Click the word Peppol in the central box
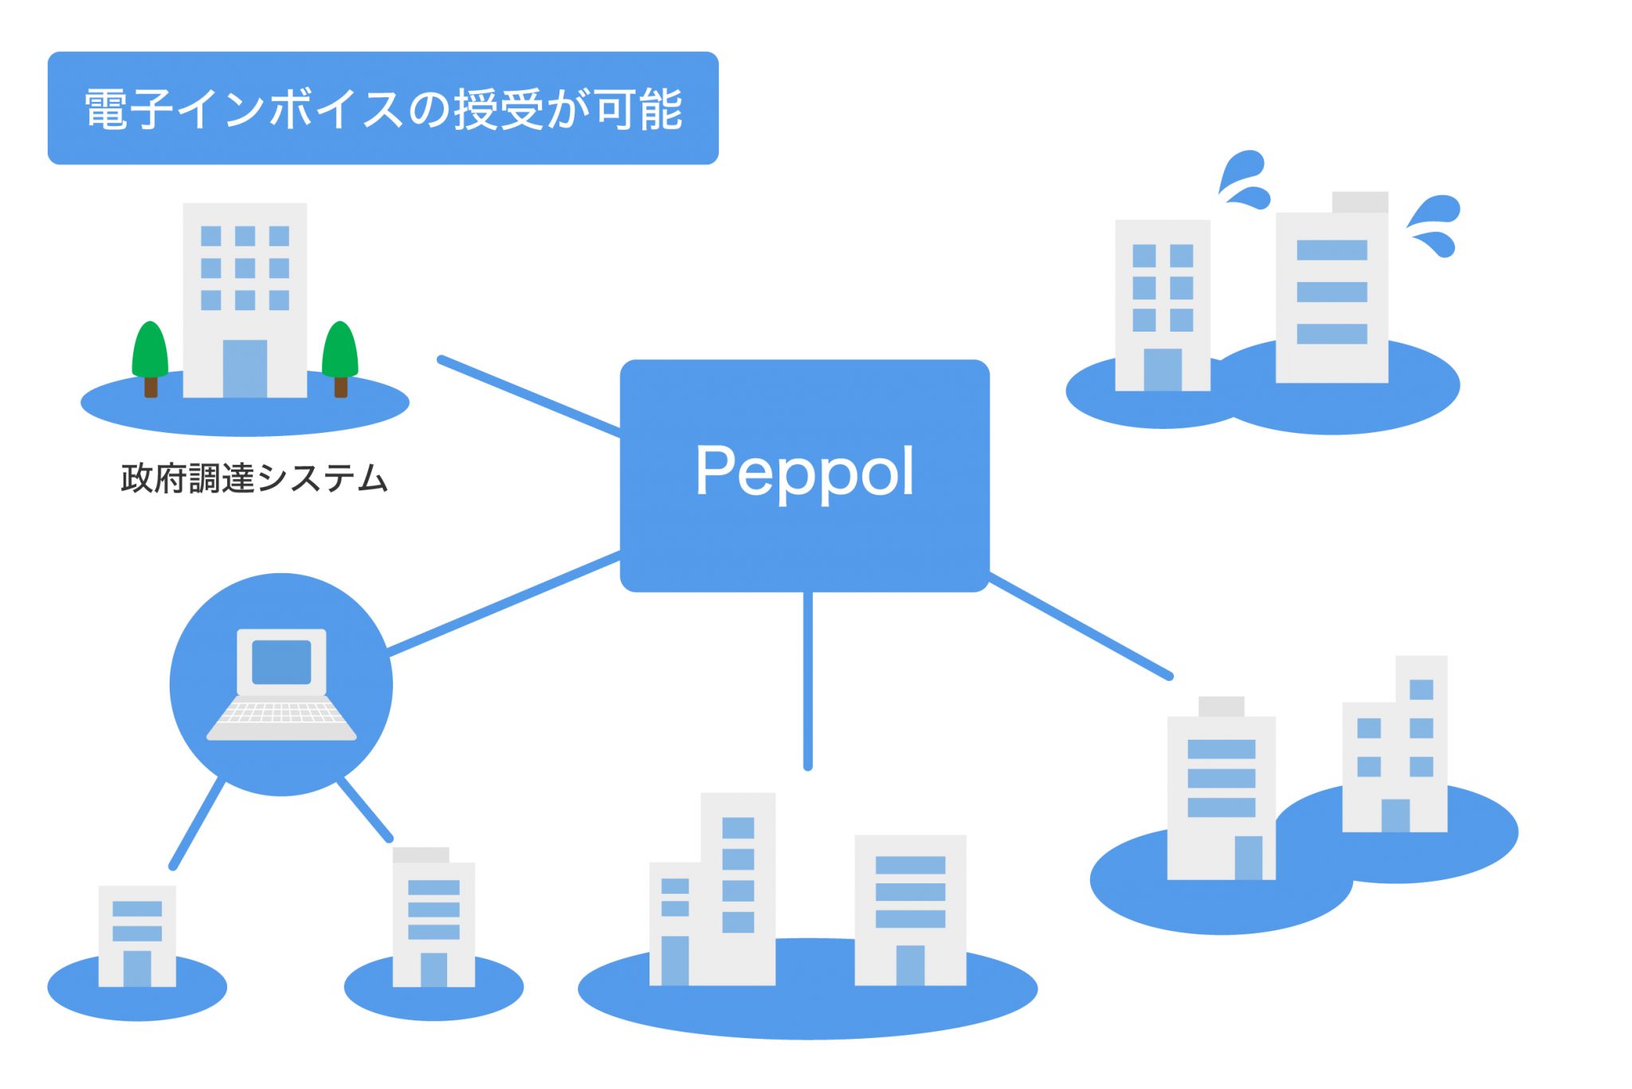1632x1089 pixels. coord(804,472)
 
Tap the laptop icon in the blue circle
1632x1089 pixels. coord(281,685)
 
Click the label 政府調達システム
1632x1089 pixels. coord(254,478)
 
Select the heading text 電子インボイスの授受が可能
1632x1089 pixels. coord(382,109)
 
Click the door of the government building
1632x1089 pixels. coord(245,368)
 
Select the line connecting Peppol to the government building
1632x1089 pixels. coord(529,396)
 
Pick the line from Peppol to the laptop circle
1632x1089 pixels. coord(504,603)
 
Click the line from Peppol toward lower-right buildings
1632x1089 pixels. coord(1080,626)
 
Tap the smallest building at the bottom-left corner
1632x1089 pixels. coord(137,936)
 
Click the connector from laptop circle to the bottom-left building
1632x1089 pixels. coord(197,824)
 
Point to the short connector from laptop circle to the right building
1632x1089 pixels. coord(365,809)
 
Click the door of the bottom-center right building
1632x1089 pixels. coord(910,965)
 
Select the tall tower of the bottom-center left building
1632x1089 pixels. coord(738,885)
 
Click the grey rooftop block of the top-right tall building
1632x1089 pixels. coord(1359,202)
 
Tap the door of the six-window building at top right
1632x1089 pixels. coord(1162,369)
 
